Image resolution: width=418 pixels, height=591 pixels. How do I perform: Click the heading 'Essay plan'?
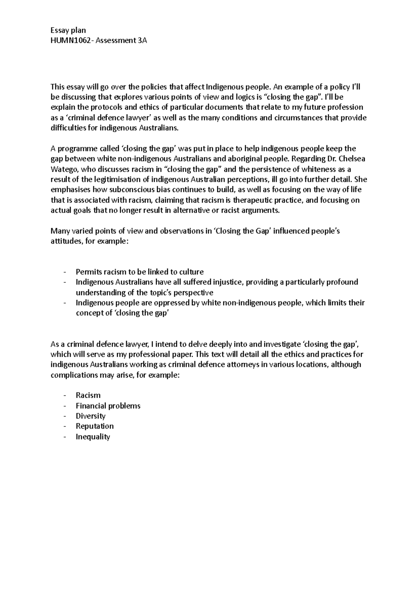pos(68,30)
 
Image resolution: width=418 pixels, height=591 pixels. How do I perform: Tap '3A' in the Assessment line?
pos(142,40)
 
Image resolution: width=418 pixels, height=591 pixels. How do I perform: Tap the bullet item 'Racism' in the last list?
pos(88,395)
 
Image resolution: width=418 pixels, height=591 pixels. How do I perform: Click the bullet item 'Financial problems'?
pos(108,406)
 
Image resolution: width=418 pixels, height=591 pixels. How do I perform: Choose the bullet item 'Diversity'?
pos(91,416)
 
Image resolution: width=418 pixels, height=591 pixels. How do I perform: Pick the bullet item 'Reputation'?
pos(95,426)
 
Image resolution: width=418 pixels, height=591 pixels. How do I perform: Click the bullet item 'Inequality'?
pos(93,436)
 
